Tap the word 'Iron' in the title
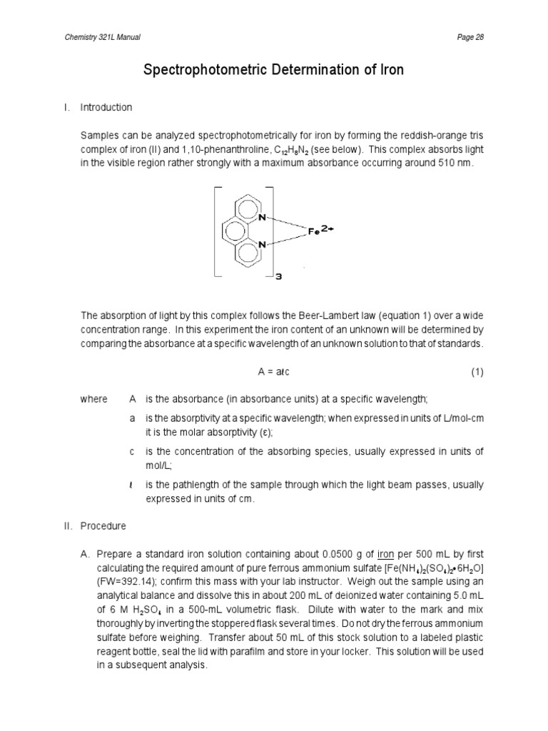tap(390, 70)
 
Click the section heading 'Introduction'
tap(106, 108)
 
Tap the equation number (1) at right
tap(477, 372)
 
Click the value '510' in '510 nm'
tap(447, 163)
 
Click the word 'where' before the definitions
tap(93, 399)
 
